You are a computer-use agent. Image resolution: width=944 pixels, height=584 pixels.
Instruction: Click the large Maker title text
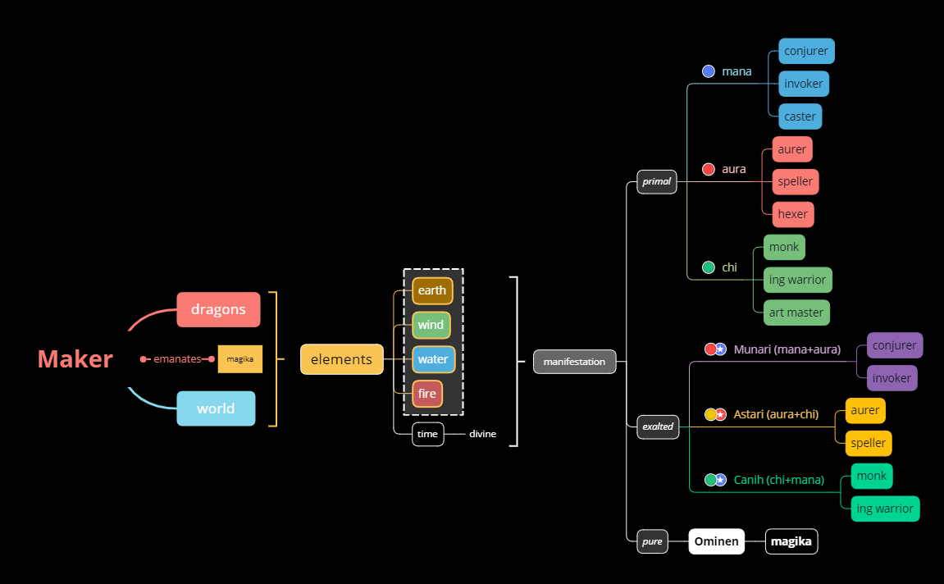(75, 359)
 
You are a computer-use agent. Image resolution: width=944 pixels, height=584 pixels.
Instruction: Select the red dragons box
(218, 309)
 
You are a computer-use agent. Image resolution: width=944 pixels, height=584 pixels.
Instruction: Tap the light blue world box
(216, 408)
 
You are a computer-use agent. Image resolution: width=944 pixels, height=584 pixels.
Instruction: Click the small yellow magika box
(239, 359)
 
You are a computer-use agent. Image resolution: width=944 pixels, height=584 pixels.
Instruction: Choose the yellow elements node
(341, 359)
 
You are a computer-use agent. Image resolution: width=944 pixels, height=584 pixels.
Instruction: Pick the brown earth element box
(432, 290)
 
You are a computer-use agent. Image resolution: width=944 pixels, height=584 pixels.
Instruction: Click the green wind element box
(431, 325)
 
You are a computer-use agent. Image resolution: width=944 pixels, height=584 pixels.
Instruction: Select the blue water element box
(433, 359)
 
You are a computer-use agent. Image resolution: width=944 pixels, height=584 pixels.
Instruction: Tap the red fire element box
(427, 394)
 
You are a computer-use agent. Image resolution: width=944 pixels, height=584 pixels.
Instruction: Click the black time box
(427, 434)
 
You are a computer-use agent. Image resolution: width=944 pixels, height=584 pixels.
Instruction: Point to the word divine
(482, 434)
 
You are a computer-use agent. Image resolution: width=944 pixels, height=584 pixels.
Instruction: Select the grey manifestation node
(574, 362)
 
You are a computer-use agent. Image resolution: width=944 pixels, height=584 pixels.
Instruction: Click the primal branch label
(656, 181)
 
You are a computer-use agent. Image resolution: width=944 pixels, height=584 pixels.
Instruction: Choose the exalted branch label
(658, 427)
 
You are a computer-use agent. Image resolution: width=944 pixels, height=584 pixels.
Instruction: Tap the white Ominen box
(716, 541)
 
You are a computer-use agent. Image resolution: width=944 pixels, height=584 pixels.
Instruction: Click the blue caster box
(800, 116)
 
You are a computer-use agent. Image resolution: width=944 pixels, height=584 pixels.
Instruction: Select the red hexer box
(793, 214)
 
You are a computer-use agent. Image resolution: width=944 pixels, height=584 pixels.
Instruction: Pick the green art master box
(796, 313)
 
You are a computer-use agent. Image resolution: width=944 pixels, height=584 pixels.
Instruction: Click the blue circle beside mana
(709, 71)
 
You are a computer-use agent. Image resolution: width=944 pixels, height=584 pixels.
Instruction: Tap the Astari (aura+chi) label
(776, 414)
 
